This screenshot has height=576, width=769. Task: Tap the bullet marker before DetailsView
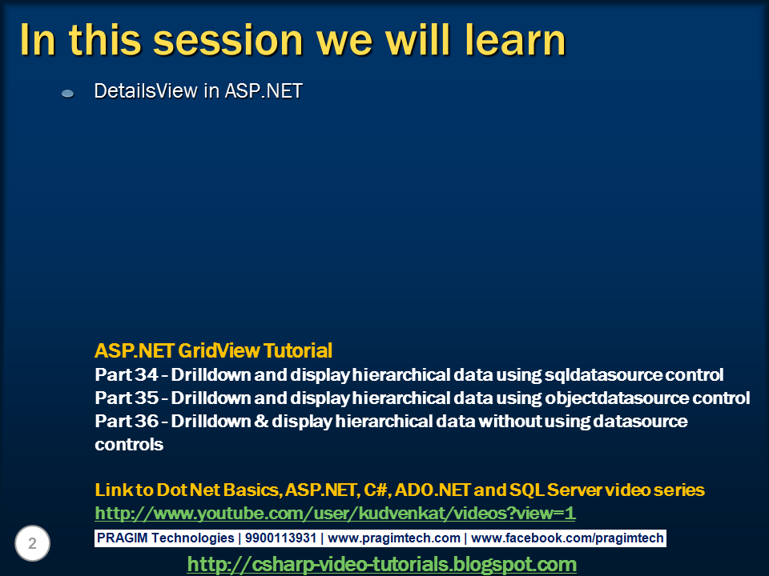68,94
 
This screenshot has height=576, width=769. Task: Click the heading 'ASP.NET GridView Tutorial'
213,350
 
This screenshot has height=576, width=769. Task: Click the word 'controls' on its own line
129,444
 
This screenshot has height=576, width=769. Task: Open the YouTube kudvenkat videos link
335,513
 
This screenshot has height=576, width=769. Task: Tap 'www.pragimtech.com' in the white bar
394,538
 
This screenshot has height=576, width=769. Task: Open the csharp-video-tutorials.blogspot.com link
381,564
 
